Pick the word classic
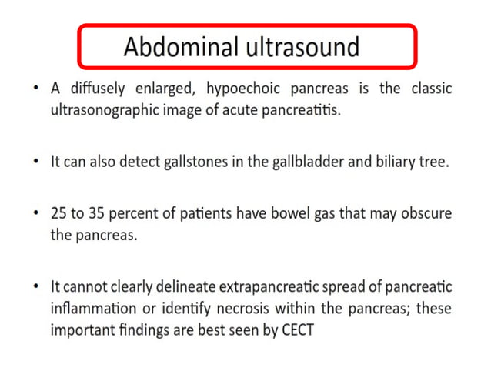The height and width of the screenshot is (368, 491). click(x=428, y=89)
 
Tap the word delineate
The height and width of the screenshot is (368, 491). click(x=182, y=286)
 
